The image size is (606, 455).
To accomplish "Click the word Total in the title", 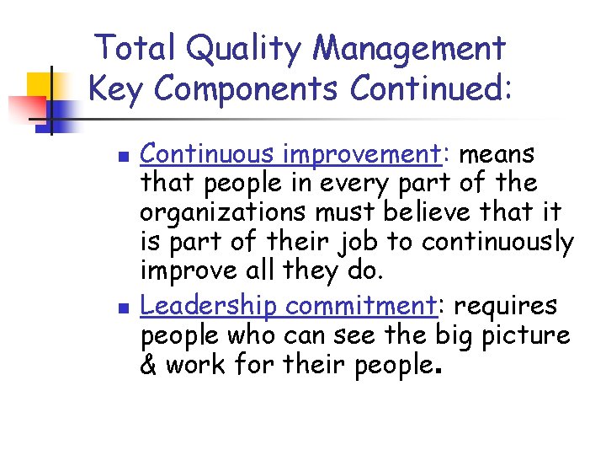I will (x=135, y=48).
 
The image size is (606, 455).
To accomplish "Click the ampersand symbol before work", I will (x=150, y=366).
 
